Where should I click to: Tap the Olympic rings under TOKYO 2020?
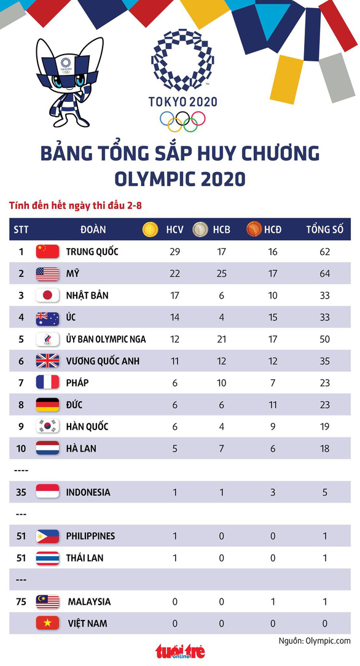[x=182, y=121]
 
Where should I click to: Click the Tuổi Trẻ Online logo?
[x=180, y=651]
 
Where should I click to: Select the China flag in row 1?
[x=47, y=251]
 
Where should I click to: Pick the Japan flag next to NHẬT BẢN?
[x=47, y=295]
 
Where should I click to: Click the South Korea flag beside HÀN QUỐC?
[x=47, y=426]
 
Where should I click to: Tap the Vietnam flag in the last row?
[x=47, y=623]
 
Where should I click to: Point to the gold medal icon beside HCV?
[x=150, y=229]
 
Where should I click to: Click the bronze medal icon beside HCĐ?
[x=254, y=229]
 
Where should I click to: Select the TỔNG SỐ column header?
[x=325, y=229]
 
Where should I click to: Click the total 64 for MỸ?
[x=325, y=273]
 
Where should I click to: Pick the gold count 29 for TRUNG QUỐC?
[x=175, y=251]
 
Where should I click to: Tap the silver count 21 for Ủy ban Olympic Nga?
[x=221, y=339]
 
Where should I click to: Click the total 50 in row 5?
[x=325, y=339]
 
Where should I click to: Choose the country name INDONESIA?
[x=88, y=492]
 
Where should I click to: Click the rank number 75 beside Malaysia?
[x=22, y=601]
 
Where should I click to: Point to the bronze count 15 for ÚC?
[x=273, y=317]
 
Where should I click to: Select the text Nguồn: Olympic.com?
[x=315, y=641]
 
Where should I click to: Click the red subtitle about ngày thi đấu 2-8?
[x=76, y=206]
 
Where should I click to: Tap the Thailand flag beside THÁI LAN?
[x=47, y=558]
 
